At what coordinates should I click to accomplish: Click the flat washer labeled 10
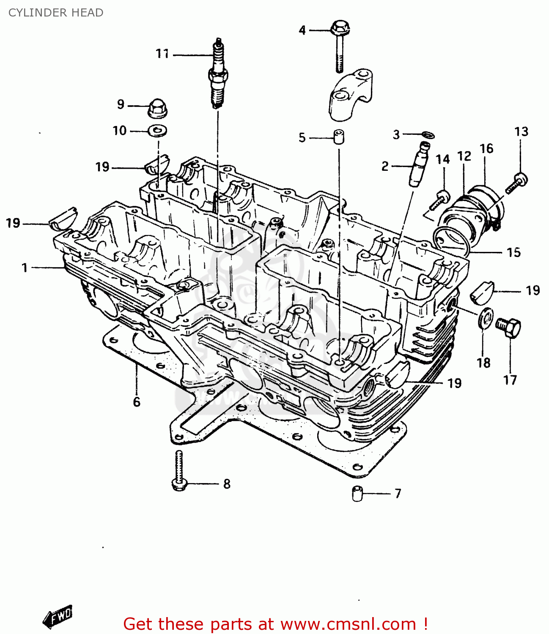click(158, 131)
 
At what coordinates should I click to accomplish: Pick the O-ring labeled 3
click(428, 135)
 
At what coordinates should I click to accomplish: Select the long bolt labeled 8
click(179, 471)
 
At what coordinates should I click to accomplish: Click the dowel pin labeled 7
click(357, 494)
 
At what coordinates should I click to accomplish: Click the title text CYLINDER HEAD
click(56, 13)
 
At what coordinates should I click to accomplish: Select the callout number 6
click(136, 402)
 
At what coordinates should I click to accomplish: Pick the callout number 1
click(25, 268)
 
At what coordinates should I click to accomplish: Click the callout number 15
click(513, 252)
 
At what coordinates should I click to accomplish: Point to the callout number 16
click(486, 148)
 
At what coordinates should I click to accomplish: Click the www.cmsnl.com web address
click(348, 624)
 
